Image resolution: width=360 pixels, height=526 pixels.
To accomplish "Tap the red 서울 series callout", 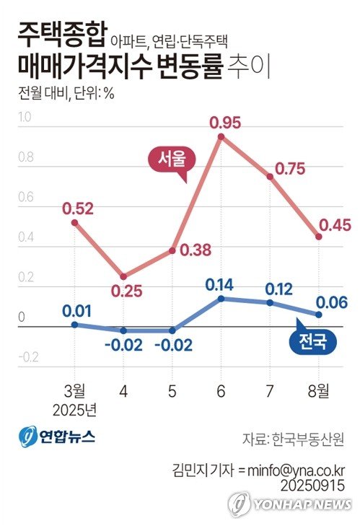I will pyautogui.click(x=167, y=157).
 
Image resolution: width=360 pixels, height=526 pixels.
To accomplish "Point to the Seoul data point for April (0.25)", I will pyautogui.click(x=123, y=276).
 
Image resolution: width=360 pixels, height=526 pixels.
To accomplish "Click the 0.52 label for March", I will pyautogui.click(x=77, y=209).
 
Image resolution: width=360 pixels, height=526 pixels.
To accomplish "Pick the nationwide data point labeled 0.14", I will pyautogui.click(x=220, y=298).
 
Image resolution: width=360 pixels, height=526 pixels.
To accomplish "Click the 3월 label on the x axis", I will pyautogui.click(x=74, y=392).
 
